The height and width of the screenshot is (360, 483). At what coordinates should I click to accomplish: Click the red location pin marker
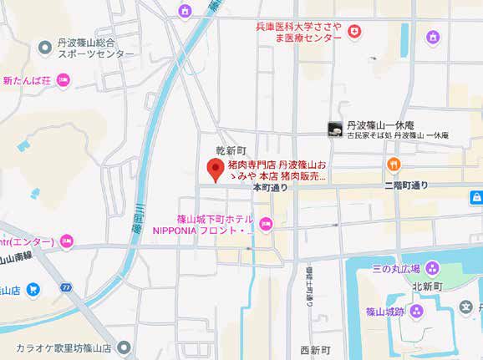coord(214,170)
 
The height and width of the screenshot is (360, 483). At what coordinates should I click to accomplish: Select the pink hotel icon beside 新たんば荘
coord(64,80)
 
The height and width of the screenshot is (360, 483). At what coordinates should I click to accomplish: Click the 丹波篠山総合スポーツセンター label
coord(83,47)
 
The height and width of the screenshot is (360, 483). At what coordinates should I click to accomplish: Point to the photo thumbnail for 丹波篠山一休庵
coord(334,128)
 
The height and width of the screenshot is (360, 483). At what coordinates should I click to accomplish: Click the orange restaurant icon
coord(391,164)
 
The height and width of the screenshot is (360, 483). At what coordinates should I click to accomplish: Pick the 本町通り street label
coord(270,187)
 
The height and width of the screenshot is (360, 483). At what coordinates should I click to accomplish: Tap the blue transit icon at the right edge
coord(475,197)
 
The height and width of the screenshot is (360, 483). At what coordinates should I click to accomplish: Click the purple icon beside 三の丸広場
coord(432,268)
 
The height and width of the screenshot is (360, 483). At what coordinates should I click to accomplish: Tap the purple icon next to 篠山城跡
coord(419,311)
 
